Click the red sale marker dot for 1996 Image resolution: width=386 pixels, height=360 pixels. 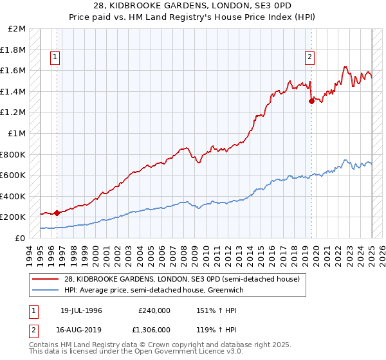[57, 213]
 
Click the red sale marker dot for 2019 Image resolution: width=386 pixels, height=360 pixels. [311, 100]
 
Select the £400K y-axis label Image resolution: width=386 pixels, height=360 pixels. [13, 196]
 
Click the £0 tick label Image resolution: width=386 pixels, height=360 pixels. [20, 238]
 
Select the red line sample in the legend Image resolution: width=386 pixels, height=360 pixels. [46, 279]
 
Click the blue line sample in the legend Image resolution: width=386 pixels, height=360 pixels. [46, 291]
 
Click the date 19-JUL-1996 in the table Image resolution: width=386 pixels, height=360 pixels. [77, 311]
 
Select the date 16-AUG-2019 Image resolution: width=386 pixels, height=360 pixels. [78, 329]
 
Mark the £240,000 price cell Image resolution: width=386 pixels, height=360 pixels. [154, 311]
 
